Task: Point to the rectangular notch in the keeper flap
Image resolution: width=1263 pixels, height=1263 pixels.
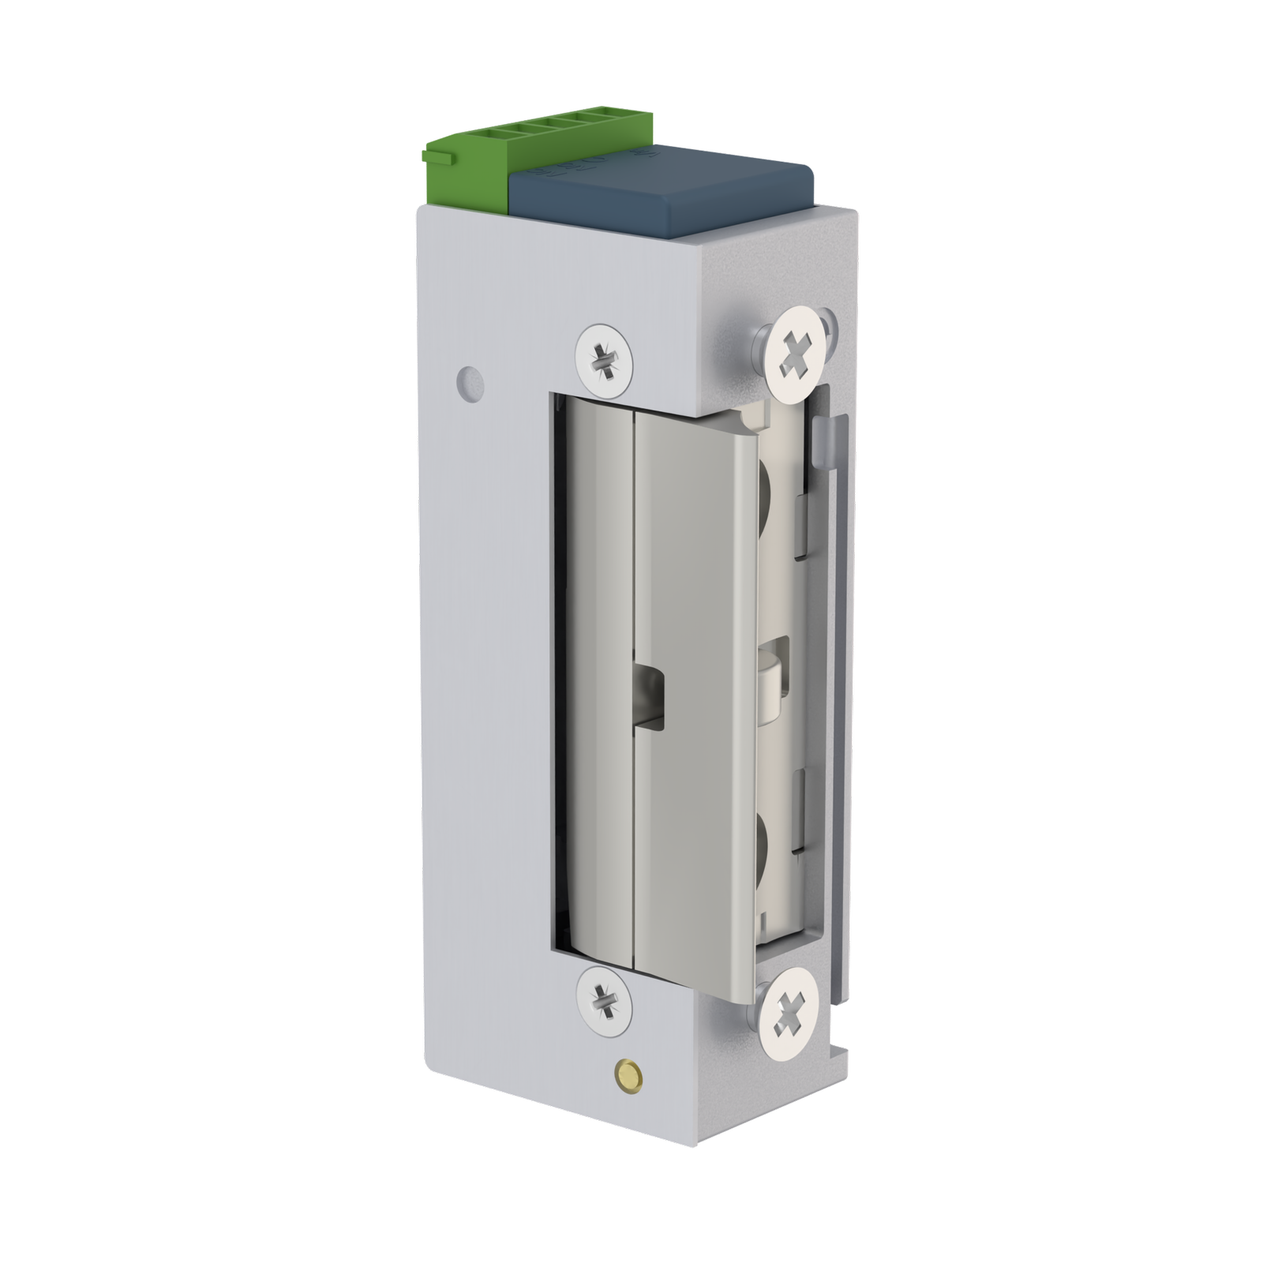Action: pos(649,695)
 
